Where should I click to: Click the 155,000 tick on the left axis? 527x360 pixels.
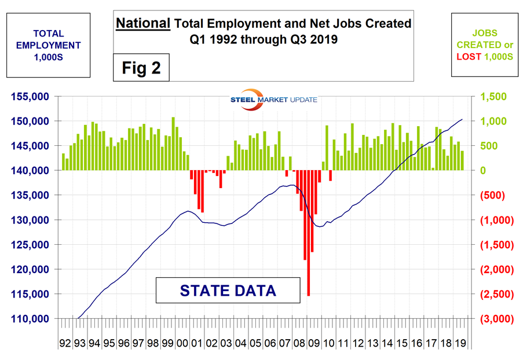point(30,97)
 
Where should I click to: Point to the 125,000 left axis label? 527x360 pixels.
point(30,245)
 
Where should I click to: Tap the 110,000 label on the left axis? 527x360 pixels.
point(30,319)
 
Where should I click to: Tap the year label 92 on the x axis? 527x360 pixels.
point(65,343)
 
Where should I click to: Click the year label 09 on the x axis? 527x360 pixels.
point(314,343)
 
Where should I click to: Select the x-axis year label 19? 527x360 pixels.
point(461,343)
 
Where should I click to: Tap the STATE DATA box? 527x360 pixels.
point(228,290)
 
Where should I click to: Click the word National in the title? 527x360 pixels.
point(143,24)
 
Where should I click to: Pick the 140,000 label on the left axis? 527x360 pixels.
point(30,171)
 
